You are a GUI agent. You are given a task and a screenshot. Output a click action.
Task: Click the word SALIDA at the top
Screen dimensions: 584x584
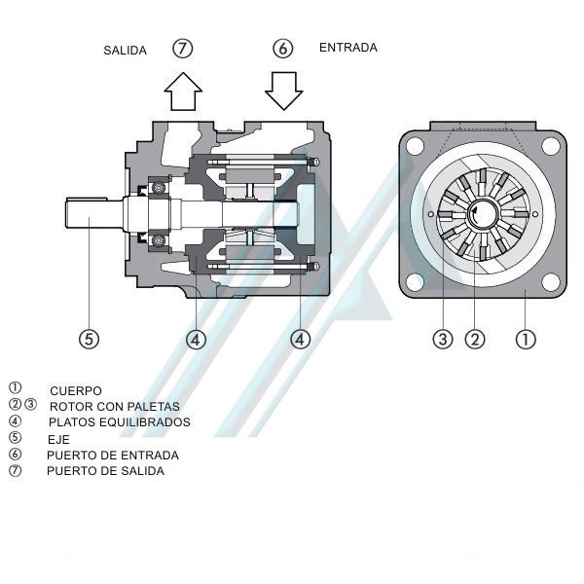pos(125,51)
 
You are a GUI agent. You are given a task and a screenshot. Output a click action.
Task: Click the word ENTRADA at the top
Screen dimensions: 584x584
pos(347,47)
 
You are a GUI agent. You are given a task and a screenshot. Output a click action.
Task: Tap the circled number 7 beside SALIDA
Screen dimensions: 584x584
pos(183,48)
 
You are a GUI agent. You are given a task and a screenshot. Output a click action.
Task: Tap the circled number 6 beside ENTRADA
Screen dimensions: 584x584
pos(283,48)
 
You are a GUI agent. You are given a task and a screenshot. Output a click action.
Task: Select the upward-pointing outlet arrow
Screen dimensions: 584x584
pos(183,92)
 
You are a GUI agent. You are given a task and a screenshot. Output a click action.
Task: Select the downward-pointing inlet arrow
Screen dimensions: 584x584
pos(283,91)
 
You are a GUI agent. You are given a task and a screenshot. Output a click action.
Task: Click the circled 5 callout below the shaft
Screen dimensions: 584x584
pos(89,339)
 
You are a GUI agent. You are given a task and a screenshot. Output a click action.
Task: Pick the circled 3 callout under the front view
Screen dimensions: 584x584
pos(443,339)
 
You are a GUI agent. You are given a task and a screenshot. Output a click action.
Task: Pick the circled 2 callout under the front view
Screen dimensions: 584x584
pos(475,339)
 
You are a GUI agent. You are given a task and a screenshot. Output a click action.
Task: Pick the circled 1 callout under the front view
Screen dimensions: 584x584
pos(526,339)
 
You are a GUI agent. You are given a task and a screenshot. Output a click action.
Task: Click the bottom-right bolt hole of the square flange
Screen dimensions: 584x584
pos(550,281)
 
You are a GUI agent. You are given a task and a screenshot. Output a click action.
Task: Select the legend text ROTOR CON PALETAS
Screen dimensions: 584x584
pos(114,407)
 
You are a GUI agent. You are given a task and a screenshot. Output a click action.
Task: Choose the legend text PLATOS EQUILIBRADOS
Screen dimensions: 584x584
pos(119,422)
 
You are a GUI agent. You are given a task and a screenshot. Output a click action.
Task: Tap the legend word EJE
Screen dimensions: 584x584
pos(58,439)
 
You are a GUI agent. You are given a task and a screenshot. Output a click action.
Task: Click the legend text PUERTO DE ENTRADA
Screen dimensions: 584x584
pos(112,455)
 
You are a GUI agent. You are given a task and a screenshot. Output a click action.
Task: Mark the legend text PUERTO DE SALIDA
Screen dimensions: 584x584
pos(105,471)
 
